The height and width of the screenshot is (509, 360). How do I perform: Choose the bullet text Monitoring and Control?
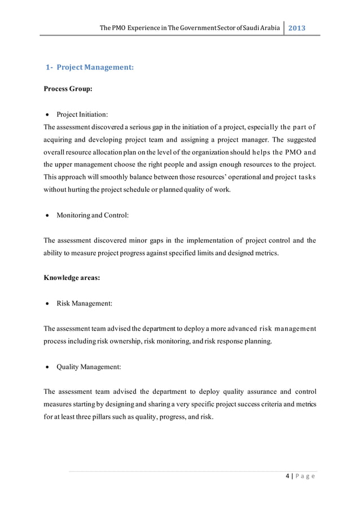click(x=93, y=216)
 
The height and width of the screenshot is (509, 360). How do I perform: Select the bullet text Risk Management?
click(x=84, y=303)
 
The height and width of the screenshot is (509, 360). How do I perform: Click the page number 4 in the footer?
click(x=288, y=477)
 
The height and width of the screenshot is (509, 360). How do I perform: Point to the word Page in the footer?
click(x=306, y=477)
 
